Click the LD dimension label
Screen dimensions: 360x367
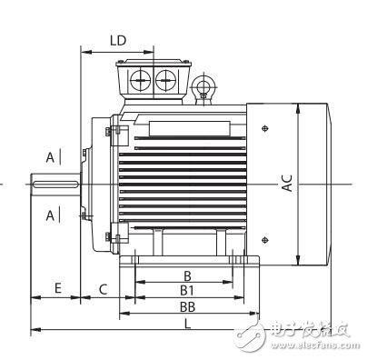point(117,41)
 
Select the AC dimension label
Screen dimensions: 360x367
point(286,181)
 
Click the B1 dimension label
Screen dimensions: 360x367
point(188,290)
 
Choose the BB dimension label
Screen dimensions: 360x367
point(188,307)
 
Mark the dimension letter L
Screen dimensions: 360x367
point(188,324)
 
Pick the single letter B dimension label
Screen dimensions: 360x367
point(188,275)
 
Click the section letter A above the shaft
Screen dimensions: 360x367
point(49,156)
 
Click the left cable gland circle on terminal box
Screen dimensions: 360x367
point(142,81)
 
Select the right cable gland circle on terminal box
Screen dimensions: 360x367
point(166,81)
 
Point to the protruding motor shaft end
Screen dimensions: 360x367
point(55,186)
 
